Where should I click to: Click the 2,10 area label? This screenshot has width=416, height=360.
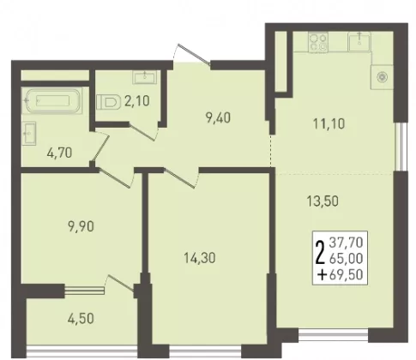(x=137, y=101)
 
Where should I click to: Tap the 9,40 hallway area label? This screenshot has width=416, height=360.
(x=218, y=117)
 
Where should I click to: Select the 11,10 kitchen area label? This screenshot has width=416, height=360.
(x=329, y=123)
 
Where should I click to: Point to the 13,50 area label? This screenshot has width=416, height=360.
(x=323, y=201)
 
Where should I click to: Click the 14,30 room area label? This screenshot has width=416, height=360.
(x=200, y=258)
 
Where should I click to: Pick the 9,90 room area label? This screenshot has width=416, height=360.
(x=81, y=226)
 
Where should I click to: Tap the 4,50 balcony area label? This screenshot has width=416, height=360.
(x=81, y=319)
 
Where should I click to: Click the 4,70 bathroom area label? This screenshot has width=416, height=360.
(x=59, y=153)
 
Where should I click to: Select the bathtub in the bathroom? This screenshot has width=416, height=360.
(x=52, y=101)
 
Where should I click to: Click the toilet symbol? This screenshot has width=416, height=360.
(x=108, y=101)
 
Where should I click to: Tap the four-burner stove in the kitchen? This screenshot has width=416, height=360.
(x=318, y=42)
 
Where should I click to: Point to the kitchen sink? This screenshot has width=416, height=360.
(x=359, y=42)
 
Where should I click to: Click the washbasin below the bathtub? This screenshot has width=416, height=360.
(x=29, y=134)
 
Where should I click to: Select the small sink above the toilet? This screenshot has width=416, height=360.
(x=145, y=77)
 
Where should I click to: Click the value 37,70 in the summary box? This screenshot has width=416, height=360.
(x=347, y=243)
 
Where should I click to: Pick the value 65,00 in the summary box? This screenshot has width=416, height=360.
(x=347, y=259)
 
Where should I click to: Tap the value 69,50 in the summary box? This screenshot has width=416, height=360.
(x=347, y=275)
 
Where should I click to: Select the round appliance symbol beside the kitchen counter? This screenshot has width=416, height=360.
(x=382, y=77)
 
